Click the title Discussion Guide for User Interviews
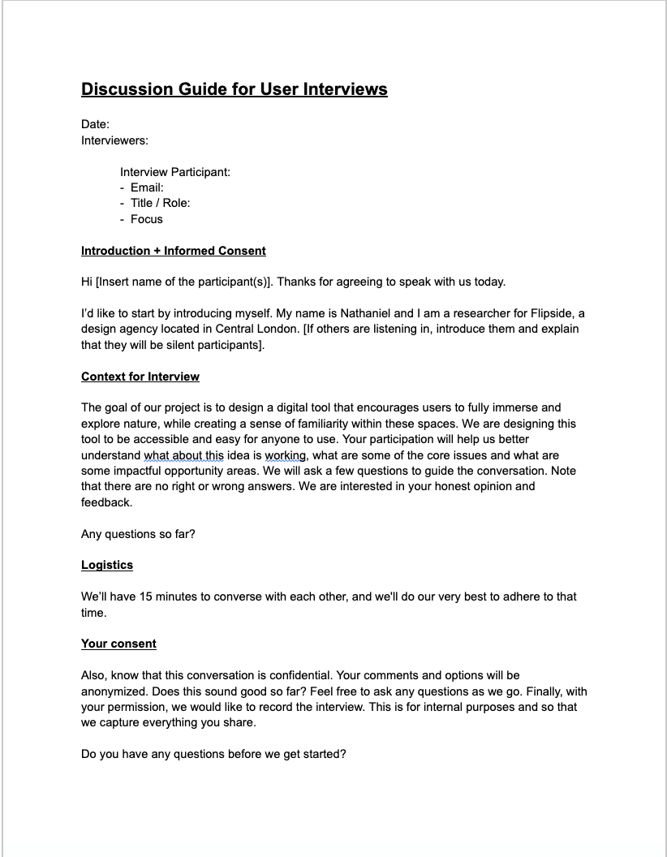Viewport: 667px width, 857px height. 234,89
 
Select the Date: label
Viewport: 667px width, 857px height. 95,124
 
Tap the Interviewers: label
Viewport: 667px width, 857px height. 114,140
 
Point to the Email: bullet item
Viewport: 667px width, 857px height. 147,187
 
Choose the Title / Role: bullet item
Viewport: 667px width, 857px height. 160,203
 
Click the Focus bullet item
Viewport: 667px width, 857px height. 146,219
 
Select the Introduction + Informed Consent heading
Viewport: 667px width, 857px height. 173,251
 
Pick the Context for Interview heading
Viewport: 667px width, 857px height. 140,377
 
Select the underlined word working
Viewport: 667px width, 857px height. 285,455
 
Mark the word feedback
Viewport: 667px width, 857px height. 106,502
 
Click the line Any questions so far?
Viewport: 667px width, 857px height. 138,534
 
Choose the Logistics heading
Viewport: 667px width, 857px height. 106,565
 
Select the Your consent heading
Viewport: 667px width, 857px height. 118,644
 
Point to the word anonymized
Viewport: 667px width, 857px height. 117,691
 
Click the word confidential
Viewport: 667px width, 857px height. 295,675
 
